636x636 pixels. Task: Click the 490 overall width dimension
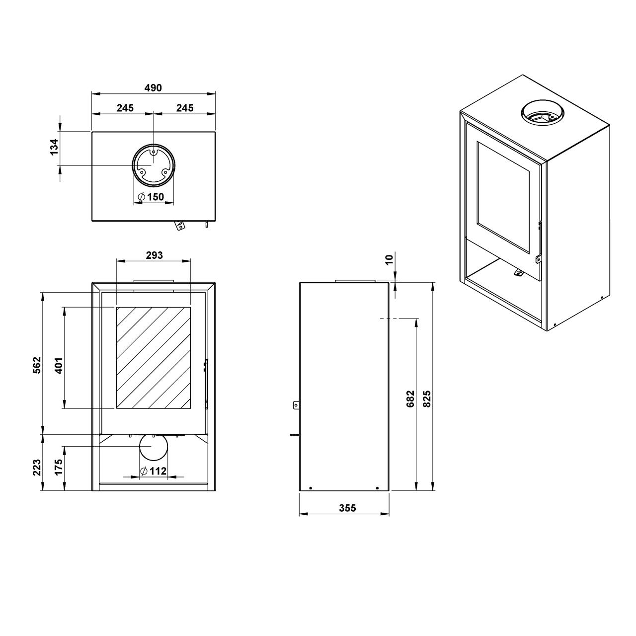click(x=153, y=88)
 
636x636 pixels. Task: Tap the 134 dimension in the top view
click(x=54, y=147)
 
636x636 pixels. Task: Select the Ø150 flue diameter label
click(x=151, y=197)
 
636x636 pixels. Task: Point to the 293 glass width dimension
click(x=155, y=255)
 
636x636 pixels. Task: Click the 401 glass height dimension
click(x=59, y=365)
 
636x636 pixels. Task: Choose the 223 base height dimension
click(x=37, y=468)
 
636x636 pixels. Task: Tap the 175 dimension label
click(x=59, y=467)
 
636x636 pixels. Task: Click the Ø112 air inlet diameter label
click(x=153, y=471)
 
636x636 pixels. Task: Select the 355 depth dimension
click(x=347, y=508)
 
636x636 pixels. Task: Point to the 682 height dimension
click(x=410, y=398)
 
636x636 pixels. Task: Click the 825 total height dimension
click(x=427, y=398)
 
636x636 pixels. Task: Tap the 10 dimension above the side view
click(x=390, y=259)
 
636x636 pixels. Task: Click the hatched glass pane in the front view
click(x=153, y=358)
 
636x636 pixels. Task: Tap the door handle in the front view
click(x=205, y=384)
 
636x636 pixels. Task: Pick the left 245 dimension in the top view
click(x=125, y=108)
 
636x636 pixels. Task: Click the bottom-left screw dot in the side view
click(x=310, y=488)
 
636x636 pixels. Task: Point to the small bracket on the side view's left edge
click(x=296, y=404)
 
